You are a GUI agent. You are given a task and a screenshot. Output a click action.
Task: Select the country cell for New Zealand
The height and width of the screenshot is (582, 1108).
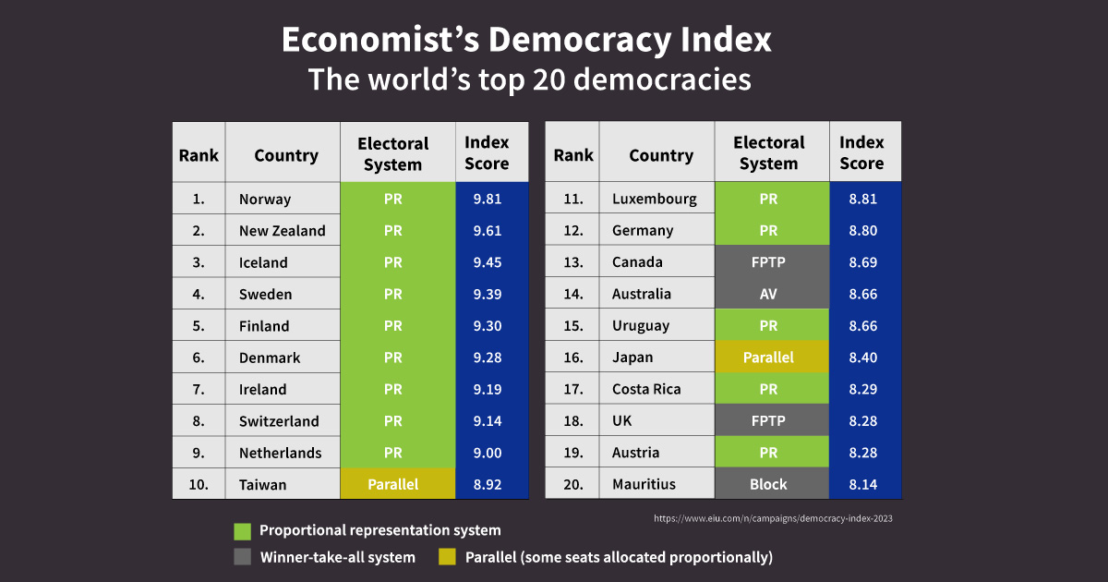(x=282, y=231)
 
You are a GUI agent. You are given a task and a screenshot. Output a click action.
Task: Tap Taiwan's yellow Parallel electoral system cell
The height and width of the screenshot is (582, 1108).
(x=393, y=484)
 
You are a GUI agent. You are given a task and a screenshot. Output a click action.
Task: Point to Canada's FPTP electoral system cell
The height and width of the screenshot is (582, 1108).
(x=768, y=262)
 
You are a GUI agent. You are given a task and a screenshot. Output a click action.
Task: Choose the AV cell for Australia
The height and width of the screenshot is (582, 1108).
(x=768, y=294)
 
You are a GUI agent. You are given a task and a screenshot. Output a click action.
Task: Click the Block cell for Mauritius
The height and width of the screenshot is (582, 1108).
(x=768, y=484)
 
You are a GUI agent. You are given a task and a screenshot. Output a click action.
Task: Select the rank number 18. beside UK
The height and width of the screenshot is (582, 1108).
(x=572, y=421)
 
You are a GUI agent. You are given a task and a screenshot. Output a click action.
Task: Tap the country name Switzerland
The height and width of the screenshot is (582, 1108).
(x=279, y=421)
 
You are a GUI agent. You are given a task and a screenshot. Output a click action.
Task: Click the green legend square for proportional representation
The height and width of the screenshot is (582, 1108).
(x=243, y=531)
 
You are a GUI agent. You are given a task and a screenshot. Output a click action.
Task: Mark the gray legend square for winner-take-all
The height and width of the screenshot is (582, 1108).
(x=243, y=557)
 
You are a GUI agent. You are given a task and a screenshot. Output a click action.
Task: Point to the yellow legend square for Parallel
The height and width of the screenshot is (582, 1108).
(x=448, y=557)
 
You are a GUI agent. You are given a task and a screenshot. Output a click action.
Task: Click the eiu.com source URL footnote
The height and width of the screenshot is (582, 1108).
(x=773, y=518)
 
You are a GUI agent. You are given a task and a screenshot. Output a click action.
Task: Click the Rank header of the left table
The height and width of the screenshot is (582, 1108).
(x=199, y=155)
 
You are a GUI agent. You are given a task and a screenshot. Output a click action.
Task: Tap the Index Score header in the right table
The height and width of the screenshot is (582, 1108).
(x=861, y=153)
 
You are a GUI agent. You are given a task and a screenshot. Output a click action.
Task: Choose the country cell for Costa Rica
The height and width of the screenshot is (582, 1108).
(x=646, y=389)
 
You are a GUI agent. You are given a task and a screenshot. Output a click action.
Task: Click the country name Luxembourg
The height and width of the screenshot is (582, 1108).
(x=655, y=199)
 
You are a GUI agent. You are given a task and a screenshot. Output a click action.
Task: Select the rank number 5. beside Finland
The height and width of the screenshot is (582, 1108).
(x=199, y=326)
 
